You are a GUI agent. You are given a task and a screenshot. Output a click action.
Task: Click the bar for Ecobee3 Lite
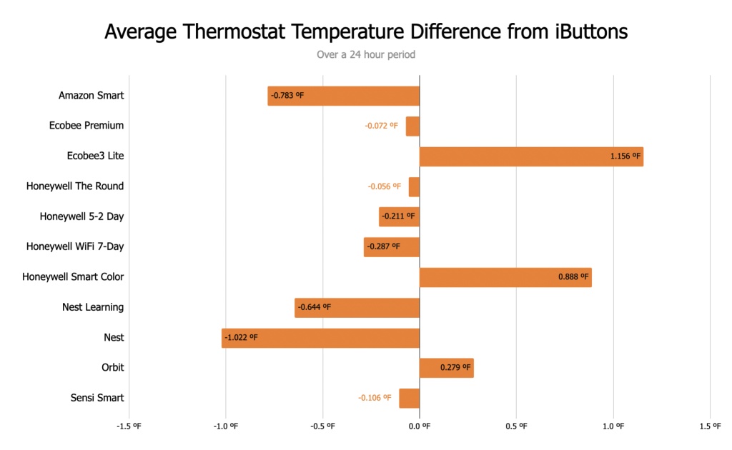click(531, 156)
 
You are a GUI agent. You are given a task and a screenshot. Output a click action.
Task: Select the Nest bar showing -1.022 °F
click(320, 338)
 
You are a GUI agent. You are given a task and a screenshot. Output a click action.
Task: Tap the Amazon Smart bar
click(344, 96)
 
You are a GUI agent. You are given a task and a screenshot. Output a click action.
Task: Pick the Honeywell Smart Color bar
click(505, 277)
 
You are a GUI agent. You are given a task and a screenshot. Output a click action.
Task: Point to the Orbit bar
click(446, 368)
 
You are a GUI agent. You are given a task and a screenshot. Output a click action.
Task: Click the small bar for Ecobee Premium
click(412, 126)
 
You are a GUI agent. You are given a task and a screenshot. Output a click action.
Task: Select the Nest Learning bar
click(357, 308)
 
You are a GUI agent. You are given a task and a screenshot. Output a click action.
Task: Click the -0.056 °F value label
click(384, 186)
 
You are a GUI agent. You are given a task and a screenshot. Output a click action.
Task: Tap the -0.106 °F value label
click(375, 399)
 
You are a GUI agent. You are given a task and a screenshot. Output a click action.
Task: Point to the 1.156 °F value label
click(625, 156)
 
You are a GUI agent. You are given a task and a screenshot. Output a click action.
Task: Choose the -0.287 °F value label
click(383, 247)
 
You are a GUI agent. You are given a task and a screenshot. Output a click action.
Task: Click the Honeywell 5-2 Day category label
click(81, 216)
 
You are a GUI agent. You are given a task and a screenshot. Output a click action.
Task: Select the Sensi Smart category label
click(97, 398)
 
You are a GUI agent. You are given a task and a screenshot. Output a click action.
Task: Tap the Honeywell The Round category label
click(75, 186)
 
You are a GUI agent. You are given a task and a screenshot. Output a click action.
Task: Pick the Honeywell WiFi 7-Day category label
click(75, 247)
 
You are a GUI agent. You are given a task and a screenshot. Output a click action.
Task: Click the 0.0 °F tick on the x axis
click(420, 426)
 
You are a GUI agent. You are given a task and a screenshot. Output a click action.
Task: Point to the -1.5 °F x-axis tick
click(129, 426)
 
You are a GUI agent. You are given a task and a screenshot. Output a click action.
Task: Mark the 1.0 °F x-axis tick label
click(613, 426)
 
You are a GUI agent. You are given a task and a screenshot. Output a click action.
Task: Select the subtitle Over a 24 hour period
click(366, 54)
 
